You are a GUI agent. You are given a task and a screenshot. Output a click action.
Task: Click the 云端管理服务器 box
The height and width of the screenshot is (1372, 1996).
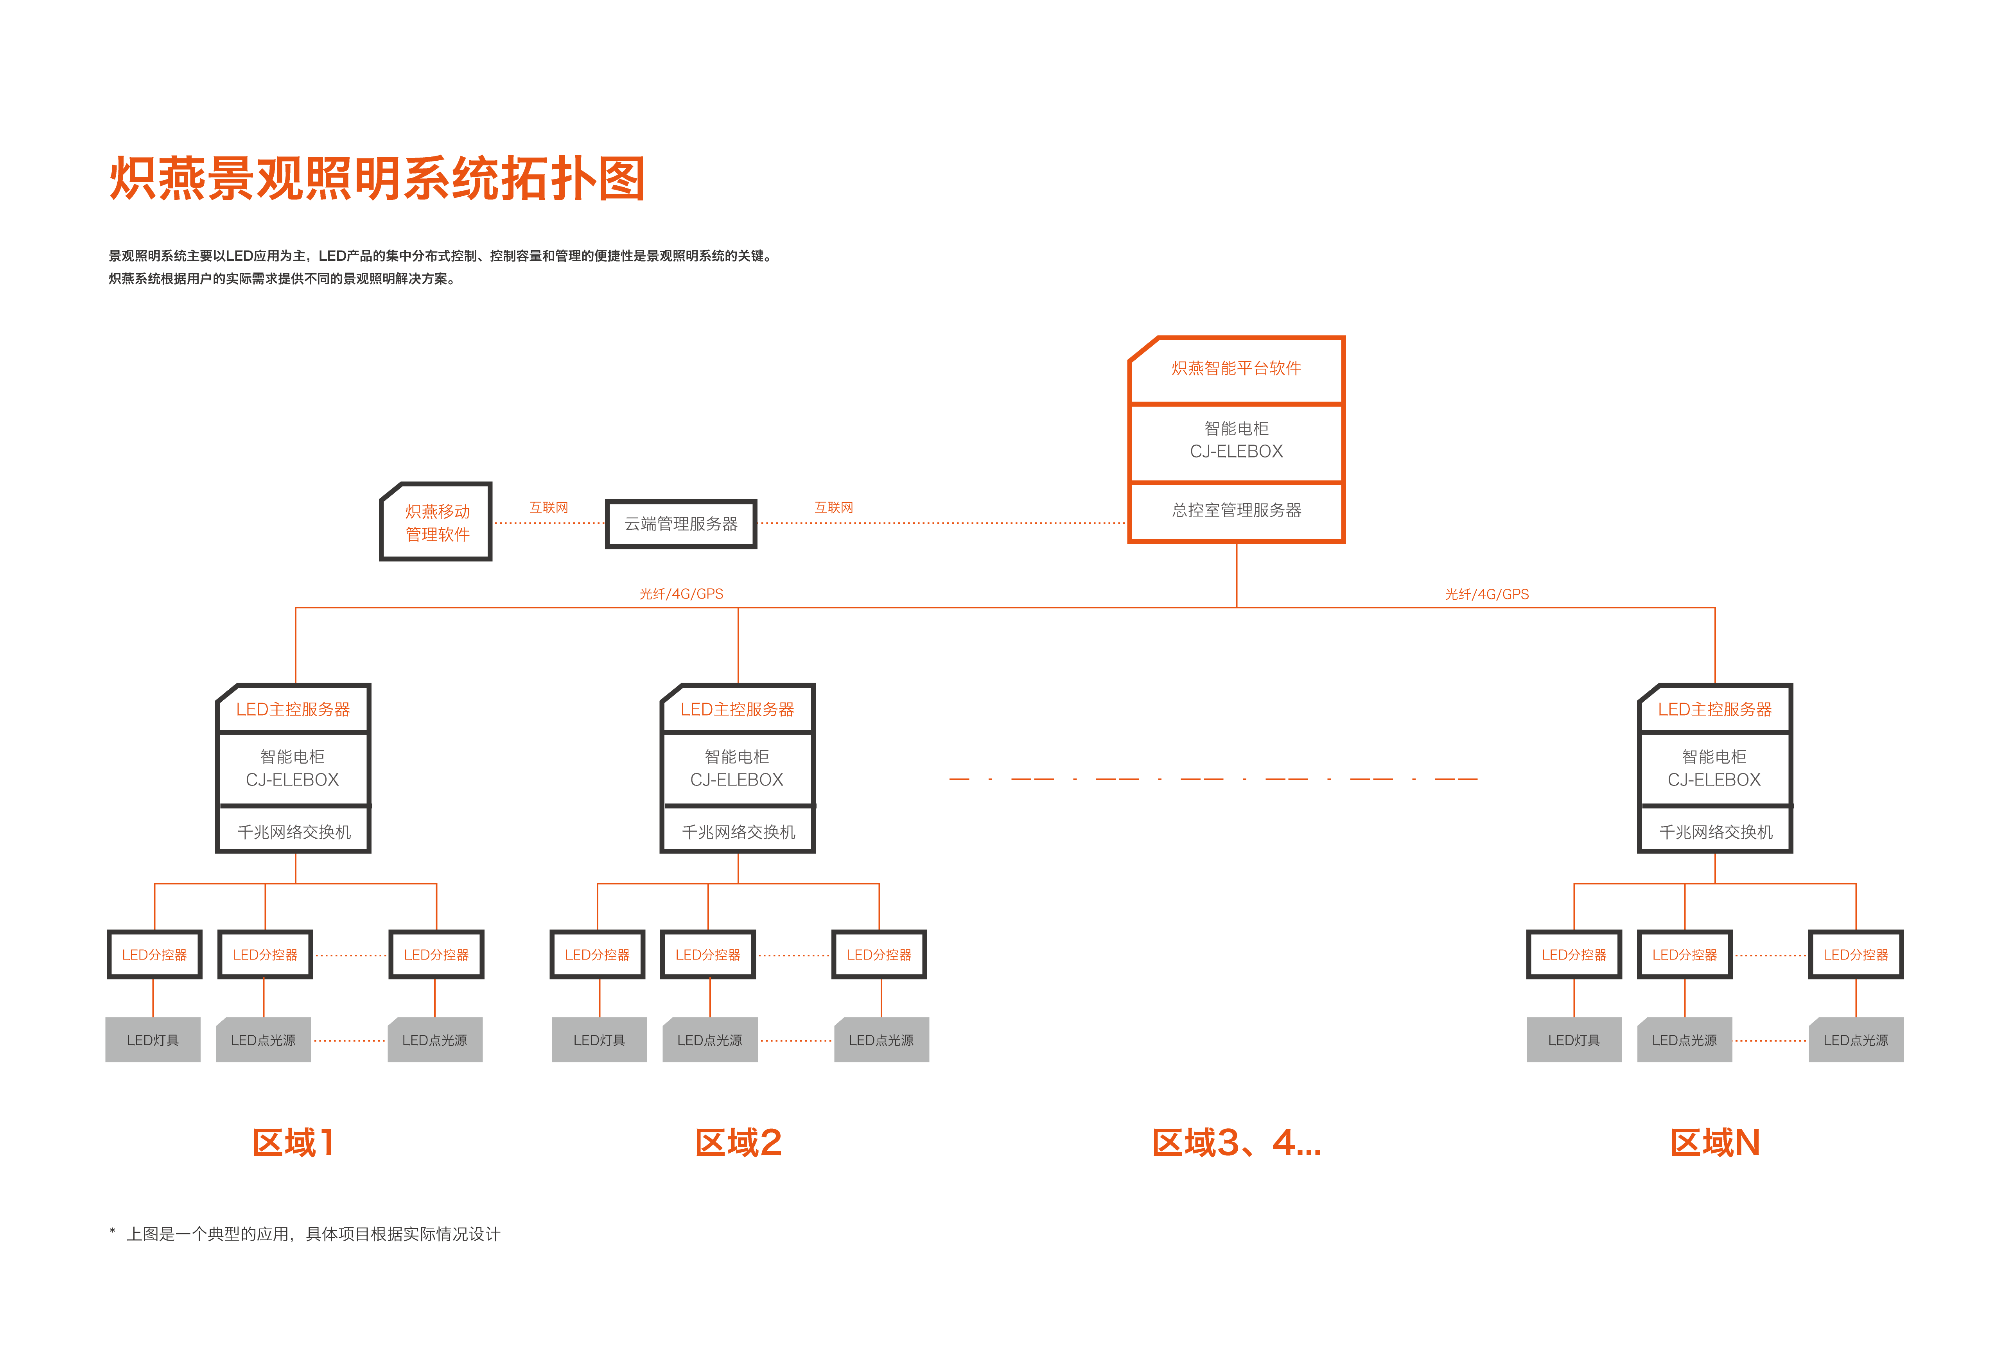681,524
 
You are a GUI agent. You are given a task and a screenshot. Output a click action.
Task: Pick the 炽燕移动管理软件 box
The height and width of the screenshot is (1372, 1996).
436,522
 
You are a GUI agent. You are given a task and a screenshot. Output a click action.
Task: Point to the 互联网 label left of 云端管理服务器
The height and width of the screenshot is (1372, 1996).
548,507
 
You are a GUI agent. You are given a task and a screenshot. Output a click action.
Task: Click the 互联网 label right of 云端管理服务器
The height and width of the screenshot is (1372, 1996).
834,507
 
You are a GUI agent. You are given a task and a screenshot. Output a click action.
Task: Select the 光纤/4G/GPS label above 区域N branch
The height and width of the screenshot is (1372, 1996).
1487,594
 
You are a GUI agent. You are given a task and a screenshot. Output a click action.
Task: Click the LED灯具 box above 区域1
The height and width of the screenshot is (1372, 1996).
153,1040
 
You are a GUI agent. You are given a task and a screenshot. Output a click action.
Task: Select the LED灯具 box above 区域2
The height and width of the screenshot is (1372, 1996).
599,1040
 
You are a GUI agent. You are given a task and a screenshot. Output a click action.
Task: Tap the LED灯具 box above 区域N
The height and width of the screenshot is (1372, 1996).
1574,1040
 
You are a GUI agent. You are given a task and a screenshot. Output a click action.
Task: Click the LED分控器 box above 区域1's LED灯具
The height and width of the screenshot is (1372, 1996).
155,954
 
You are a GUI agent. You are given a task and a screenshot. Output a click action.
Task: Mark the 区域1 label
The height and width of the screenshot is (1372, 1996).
293,1142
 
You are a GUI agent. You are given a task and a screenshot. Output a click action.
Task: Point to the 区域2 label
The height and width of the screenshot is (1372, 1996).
738,1142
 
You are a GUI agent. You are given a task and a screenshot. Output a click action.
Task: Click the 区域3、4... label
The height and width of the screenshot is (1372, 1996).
1236,1142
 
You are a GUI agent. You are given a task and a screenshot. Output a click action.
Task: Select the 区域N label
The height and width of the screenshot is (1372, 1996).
1715,1142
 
